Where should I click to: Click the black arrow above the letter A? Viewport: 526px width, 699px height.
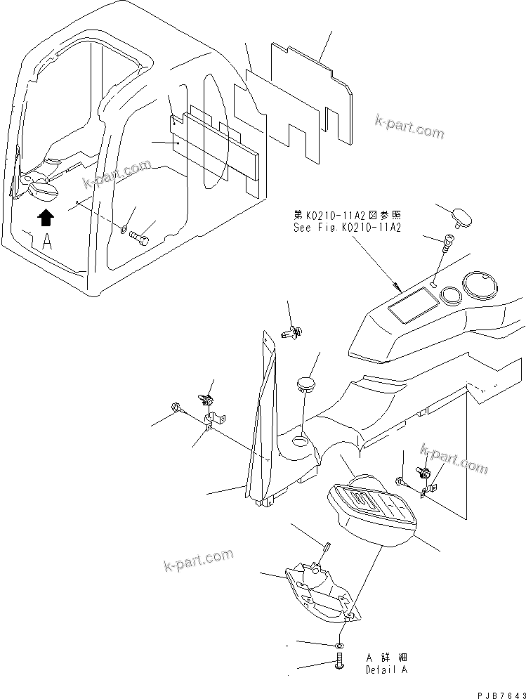click(x=46, y=218)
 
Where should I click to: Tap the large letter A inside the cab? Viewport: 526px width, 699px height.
click(x=47, y=242)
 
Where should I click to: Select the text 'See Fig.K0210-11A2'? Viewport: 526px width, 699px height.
click(x=347, y=228)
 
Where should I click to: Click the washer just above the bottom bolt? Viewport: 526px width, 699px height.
click(x=340, y=644)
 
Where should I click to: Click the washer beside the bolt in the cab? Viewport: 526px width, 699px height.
click(x=124, y=228)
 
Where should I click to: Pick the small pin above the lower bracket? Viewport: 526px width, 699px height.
click(x=327, y=545)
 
